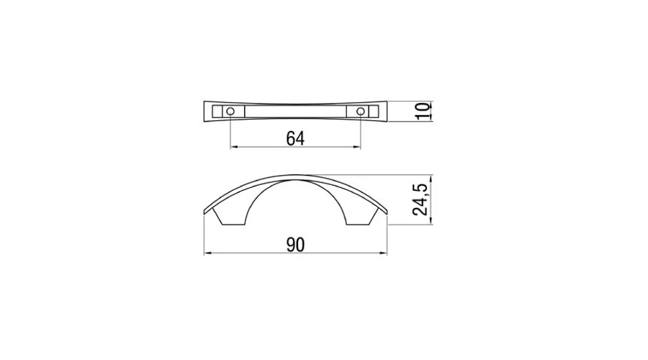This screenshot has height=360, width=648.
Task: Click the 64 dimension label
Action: pyautogui.click(x=295, y=138)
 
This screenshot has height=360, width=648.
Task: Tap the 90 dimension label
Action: pyautogui.click(x=295, y=245)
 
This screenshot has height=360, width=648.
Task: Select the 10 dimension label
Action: pyautogui.click(x=423, y=111)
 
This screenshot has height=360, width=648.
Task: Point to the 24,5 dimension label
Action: pyautogui.click(x=420, y=199)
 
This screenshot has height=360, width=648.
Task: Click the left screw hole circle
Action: pyautogui.click(x=230, y=111)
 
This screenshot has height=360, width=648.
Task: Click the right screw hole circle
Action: pyautogui.click(x=361, y=111)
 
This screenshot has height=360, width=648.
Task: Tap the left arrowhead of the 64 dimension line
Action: pyautogui.click(x=233, y=147)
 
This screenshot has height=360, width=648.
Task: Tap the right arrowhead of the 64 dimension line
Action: pyautogui.click(x=358, y=147)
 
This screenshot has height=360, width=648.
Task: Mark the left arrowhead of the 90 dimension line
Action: pyautogui.click(x=207, y=253)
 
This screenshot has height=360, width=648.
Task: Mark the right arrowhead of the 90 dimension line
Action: pyautogui.click(x=384, y=253)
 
